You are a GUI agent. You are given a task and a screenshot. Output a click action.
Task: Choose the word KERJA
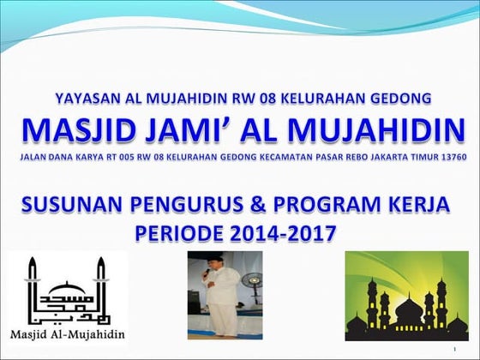click(x=426, y=206)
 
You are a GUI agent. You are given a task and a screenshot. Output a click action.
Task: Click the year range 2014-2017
click(x=290, y=232)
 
